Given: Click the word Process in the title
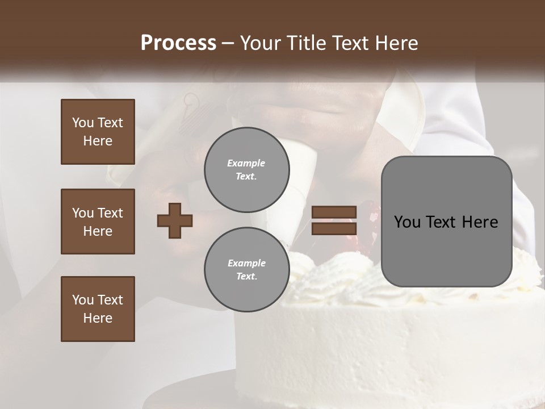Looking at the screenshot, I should point(178,43).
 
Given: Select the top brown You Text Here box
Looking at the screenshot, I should point(98,132).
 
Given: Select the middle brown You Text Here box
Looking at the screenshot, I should point(98,222).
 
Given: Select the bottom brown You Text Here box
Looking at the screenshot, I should point(98,309).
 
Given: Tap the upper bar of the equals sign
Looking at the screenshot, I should point(334,212).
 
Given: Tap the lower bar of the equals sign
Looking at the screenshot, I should point(334,228).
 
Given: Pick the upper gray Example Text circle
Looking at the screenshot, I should point(246,170).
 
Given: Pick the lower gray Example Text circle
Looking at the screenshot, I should point(246,270).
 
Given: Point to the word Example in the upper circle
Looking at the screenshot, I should point(246,163).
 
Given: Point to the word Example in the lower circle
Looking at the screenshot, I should point(246,263).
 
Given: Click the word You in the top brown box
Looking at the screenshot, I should point(82,123).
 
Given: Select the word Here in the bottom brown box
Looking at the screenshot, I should point(98,318).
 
